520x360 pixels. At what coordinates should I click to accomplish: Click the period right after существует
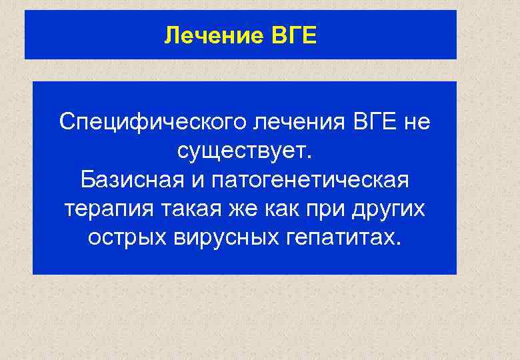click(x=308, y=157)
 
